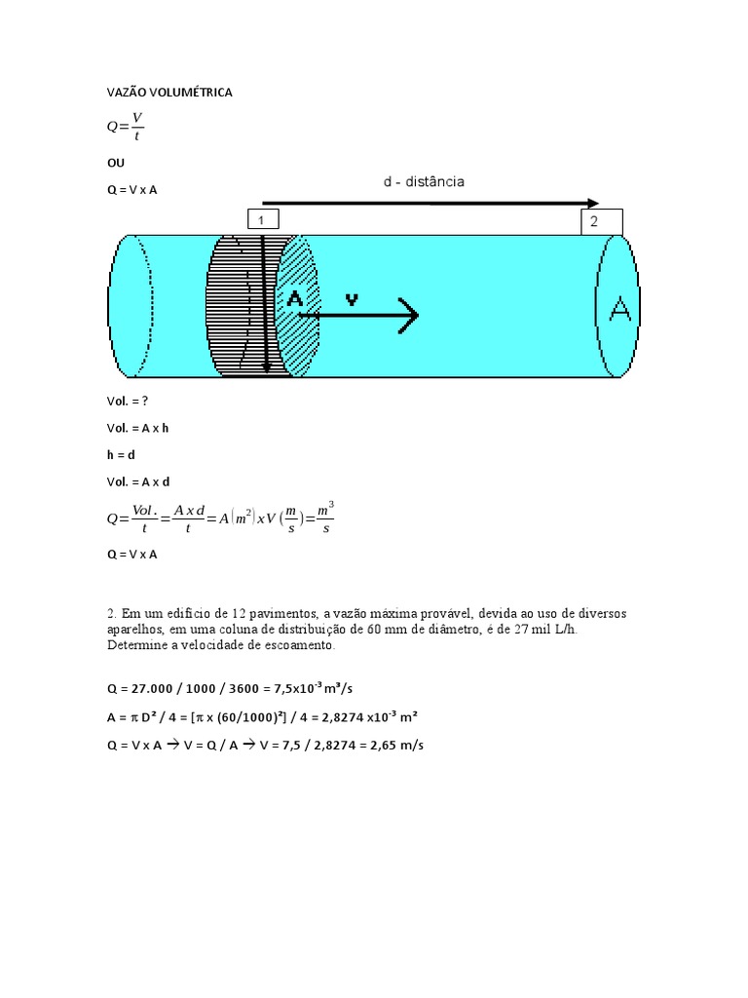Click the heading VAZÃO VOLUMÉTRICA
tap(169, 93)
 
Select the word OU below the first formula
tap(116, 162)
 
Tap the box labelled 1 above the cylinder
tap(263, 219)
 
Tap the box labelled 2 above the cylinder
tap(602, 222)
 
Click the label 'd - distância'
tap(424, 181)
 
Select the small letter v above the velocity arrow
tap(352, 300)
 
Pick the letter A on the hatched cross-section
tap(294, 300)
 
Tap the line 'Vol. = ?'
tap(130, 401)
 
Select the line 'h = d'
tap(121, 454)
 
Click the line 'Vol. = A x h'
tap(138, 428)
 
